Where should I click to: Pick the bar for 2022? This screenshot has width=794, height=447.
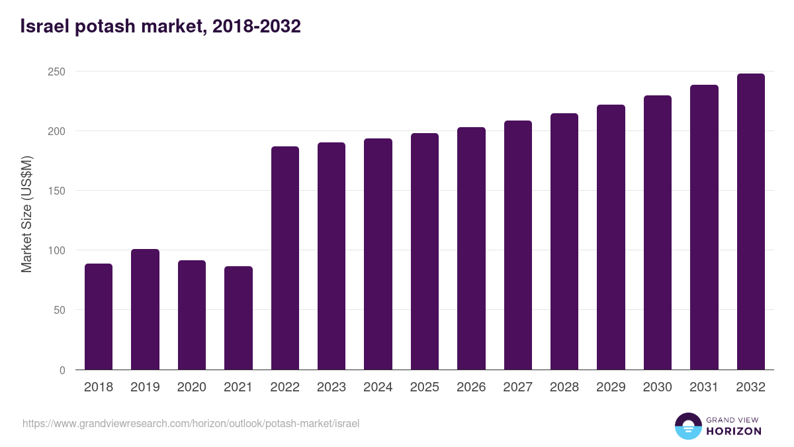pyautogui.click(x=285, y=258)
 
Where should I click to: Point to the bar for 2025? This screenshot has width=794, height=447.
pyautogui.click(x=425, y=252)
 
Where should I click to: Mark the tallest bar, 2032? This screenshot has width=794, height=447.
pyautogui.click(x=750, y=222)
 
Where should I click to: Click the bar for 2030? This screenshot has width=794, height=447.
pyautogui.click(x=658, y=232)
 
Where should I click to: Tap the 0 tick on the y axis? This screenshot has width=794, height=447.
pyautogui.click(x=62, y=370)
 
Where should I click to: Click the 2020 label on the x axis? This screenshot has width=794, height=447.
pyautogui.click(x=192, y=387)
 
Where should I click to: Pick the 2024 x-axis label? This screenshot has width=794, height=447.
pyautogui.click(x=378, y=387)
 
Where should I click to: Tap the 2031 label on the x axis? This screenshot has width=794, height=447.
pyautogui.click(x=704, y=387)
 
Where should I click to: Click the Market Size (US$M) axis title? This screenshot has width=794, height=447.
pyautogui.click(x=26, y=214)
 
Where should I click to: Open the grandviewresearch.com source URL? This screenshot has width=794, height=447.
pyautogui.click(x=191, y=423)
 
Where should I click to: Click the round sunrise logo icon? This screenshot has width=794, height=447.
pyautogui.click(x=687, y=426)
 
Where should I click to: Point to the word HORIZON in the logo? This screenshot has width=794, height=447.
pyautogui.click(x=734, y=431)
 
